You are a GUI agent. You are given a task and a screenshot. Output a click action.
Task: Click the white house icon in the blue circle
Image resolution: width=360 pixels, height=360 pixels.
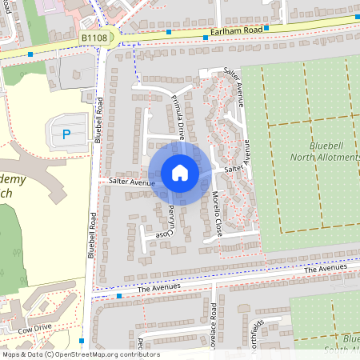tap(180, 173)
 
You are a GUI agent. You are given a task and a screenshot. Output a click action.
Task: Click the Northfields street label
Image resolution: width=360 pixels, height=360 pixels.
tap(256, 331)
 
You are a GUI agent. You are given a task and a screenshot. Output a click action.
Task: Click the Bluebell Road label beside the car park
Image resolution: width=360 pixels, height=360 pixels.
tap(98, 120)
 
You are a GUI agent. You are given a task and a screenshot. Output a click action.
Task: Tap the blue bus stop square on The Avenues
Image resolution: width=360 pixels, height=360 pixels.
tap(119, 296)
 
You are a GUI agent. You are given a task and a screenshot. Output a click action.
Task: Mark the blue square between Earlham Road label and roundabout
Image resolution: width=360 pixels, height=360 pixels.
tap(170, 32)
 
